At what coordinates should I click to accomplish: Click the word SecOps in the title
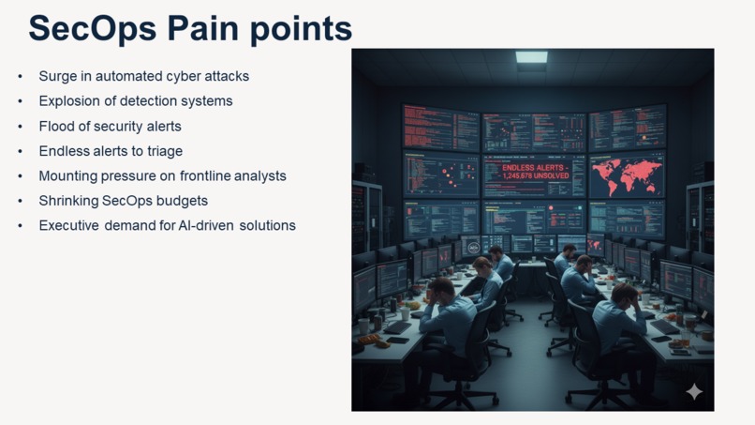point(93,28)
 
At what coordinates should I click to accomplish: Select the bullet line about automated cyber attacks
point(143,76)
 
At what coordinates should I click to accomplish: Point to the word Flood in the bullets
point(57,126)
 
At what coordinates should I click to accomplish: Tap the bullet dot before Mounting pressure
point(21,176)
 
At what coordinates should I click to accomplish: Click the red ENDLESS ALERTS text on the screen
point(534,172)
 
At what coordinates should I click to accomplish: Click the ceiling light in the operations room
point(531,58)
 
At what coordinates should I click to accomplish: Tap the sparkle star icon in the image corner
point(694,391)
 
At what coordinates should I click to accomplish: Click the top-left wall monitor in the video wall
point(440,128)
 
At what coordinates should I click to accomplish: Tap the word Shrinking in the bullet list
point(71,201)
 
